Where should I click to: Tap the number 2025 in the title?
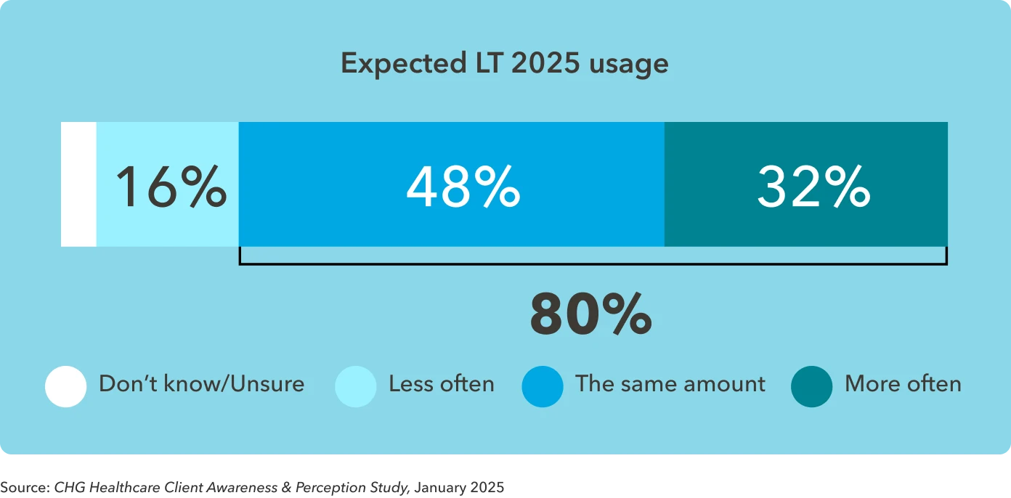pos(545,64)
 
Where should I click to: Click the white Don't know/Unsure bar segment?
pos(78,184)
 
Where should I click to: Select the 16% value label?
pos(171,187)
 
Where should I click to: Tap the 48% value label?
pos(463,187)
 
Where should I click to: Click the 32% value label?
pos(813,187)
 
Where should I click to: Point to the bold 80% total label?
pos(590,315)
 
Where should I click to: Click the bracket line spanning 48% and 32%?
pos(592,264)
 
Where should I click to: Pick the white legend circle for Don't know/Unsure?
pos(65,386)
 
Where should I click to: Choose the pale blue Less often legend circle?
pos(355,386)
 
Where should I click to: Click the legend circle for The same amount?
pos(542,386)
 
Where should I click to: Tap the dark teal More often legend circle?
pos(811,386)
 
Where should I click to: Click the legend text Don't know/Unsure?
pos(201,384)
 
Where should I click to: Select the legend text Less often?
pos(441,384)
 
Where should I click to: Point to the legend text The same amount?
pos(670,384)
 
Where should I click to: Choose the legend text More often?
pos(903,384)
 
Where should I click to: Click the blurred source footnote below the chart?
pos(252,485)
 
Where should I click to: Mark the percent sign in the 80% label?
pos(622,315)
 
